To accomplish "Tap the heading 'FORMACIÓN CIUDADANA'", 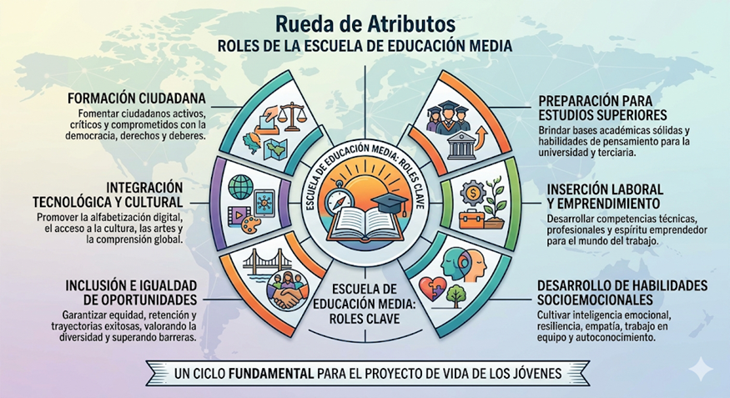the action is tap(137, 98).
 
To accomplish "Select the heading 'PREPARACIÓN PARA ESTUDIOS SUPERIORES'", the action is tap(602, 108).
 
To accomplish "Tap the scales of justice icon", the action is tap(292, 116).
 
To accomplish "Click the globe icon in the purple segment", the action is tap(241, 187).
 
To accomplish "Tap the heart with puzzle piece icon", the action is tap(432, 289).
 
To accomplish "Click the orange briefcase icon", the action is tap(471, 219).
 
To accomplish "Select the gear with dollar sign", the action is tap(473, 192).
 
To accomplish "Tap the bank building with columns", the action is tap(461, 145).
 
